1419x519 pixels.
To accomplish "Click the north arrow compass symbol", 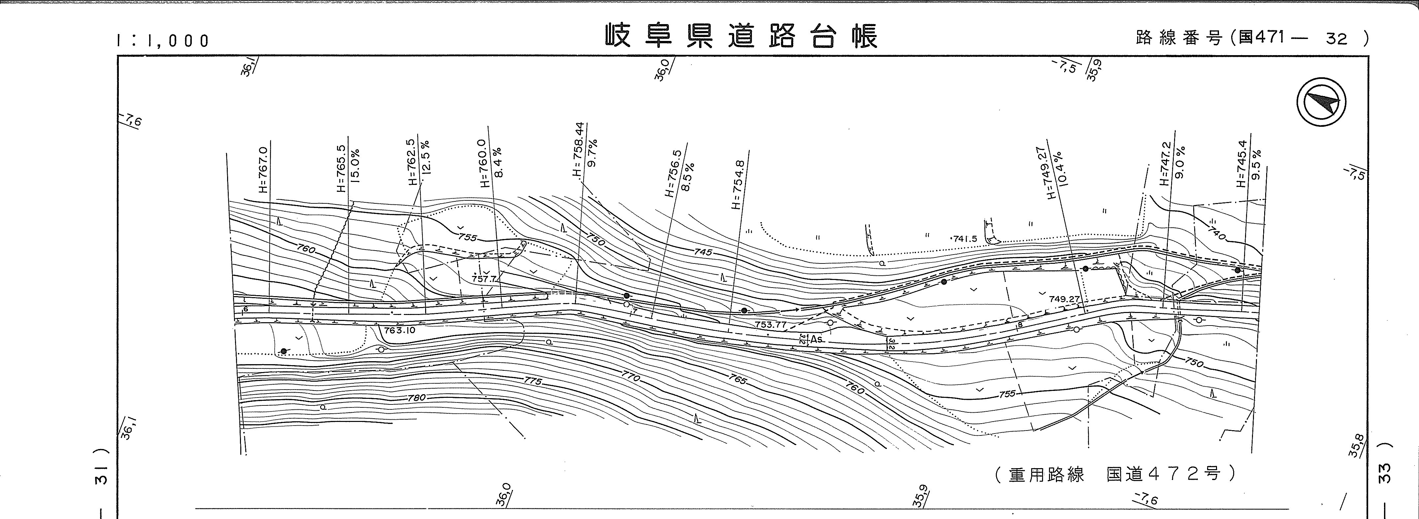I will pos(1321,103).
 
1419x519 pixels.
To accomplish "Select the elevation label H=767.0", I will pos(263,170).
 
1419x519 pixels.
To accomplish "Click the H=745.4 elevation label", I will pos(1240,164).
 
